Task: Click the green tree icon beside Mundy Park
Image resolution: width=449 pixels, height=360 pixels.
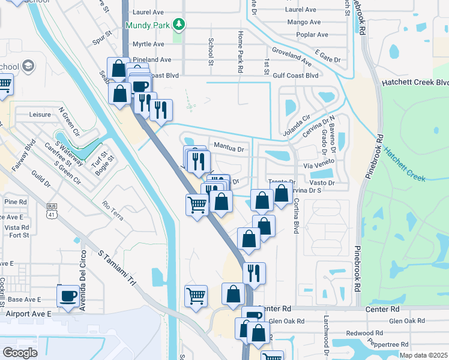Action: click(x=178, y=25)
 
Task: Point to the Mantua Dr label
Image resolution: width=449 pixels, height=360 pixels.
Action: click(x=228, y=149)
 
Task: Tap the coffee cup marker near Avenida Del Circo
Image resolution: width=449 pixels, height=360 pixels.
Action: click(x=67, y=296)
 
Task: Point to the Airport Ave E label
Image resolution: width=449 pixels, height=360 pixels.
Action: click(x=29, y=313)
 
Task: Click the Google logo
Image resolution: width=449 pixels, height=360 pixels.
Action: click(x=20, y=352)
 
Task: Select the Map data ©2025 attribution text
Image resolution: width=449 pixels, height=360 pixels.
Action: click(x=423, y=355)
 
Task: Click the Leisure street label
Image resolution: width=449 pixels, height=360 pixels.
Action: click(x=41, y=113)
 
